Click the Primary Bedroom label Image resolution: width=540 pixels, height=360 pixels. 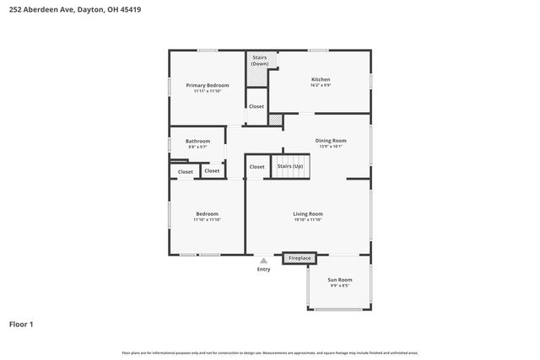click(x=208, y=85)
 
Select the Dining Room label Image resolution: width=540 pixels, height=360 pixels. click(x=331, y=140)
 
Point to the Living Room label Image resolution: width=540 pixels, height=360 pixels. click(x=308, y=213)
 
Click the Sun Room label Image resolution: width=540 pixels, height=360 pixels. click(x=340, y=279)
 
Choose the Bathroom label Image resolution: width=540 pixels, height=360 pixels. click(x=198, y=141)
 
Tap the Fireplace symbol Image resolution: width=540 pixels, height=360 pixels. click(x=300, y=257)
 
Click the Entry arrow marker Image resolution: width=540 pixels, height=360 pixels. click(x=264, y=261)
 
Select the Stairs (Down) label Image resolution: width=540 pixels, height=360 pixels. click(x=260, y=61)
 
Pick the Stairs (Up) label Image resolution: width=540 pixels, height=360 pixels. click(x=290, y=166)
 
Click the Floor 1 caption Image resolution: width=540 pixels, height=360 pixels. click(x=22, y=324)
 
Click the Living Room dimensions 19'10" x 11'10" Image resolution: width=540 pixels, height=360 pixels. click(x=308, y=219)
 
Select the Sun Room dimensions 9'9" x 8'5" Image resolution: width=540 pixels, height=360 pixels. click(x=340, y=285)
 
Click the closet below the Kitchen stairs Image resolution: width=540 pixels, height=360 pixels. click(x=256, y=106)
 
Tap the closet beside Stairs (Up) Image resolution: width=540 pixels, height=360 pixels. click(x=256, y=167)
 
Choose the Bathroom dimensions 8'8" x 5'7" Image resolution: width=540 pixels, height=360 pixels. click(x=198, y=147)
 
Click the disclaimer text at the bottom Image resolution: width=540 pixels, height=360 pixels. click(x=270, y=352)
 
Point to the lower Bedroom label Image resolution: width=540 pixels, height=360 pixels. click(x=208, y=213)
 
